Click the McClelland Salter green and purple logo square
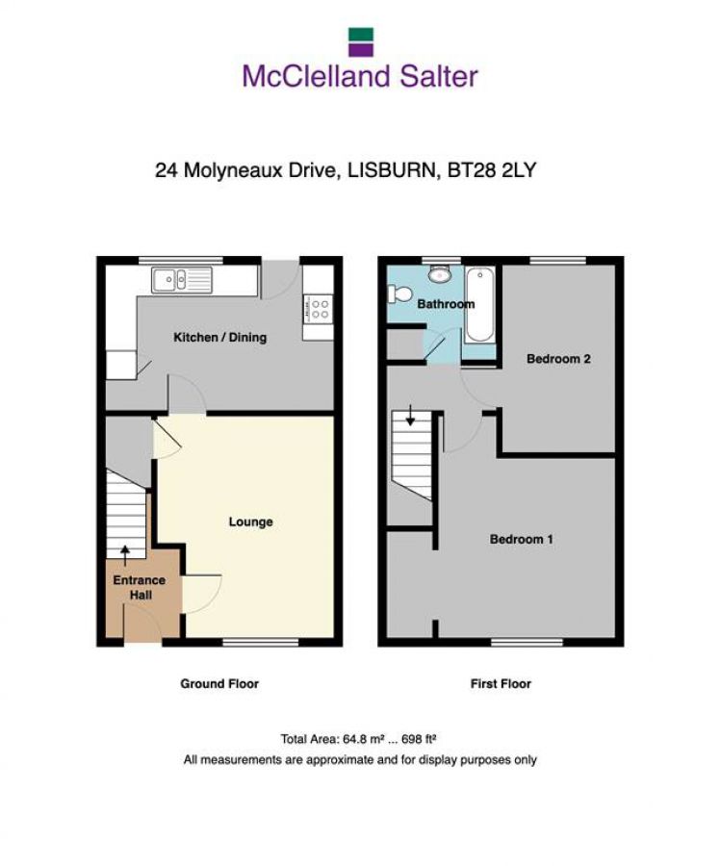(x=360, y=41)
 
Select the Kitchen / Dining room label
(x=219, y=338)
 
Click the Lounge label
(x=250, y=522)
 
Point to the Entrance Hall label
(x=140, y=588)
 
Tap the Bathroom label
(x=446, y=304)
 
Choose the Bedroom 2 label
(x=558, y=359)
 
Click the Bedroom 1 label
(x=522, y=540)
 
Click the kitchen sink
(x=181, y=280)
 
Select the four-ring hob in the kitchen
(x=318, y=309)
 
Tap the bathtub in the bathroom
(x=478, y=305)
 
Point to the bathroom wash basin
(x=442, y=275)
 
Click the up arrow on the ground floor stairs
(x=125, y=552)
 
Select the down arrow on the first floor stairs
(x=411, y=416)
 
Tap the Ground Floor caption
(x=219, y=684)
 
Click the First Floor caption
(x=501, y=684)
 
